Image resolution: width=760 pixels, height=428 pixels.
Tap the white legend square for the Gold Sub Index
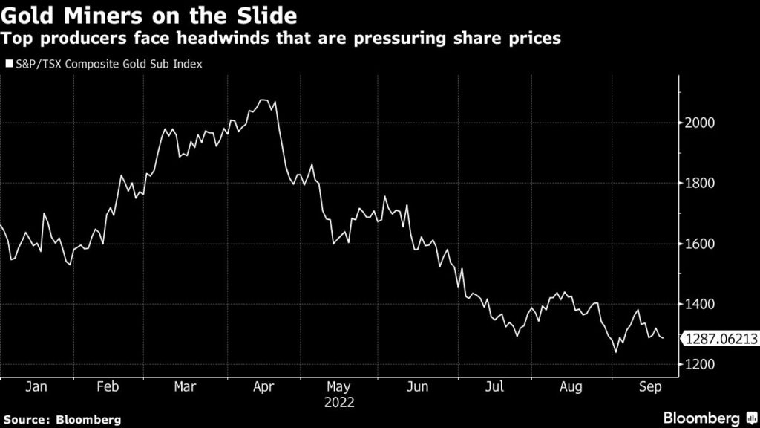(x=10, y=65)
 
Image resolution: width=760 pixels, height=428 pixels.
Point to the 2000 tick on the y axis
(x=700, y=123)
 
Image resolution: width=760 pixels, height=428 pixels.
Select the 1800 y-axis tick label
(x=700, y=184)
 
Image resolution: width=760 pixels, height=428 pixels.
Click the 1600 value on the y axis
(x=700, y=244)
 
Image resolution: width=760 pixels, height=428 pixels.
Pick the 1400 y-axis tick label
(x=700, y=305)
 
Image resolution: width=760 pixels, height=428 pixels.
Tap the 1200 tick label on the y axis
(x=700, y=365)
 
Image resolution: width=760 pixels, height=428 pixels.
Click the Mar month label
(x=185, y=387)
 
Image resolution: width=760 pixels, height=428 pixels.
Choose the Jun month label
(x=418, y=387)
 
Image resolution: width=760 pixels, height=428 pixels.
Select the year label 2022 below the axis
(x=339, y=403)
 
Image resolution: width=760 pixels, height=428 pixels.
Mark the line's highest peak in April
(x=262, y=100)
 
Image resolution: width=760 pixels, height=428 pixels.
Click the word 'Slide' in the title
(x=249, y=15)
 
